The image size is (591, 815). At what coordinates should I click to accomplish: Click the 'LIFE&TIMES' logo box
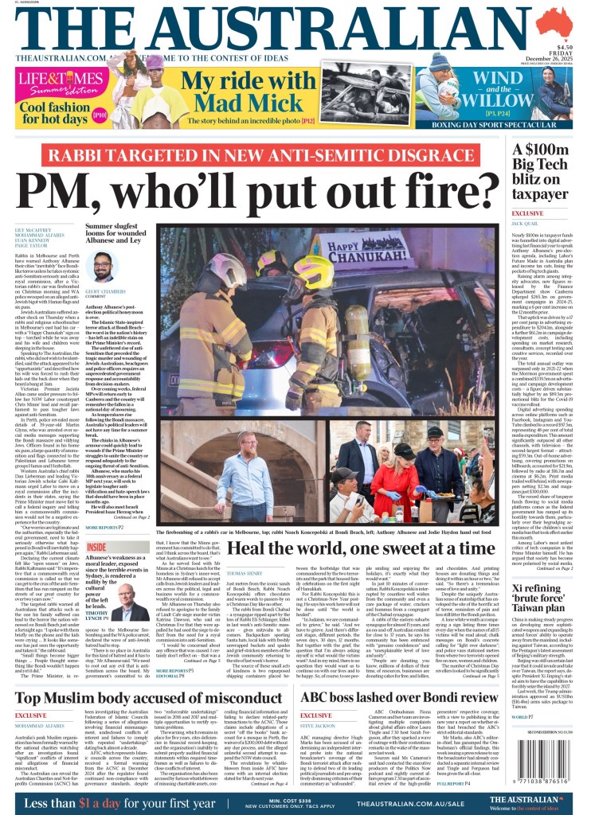62,80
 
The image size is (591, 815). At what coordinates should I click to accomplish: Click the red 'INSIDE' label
96,524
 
